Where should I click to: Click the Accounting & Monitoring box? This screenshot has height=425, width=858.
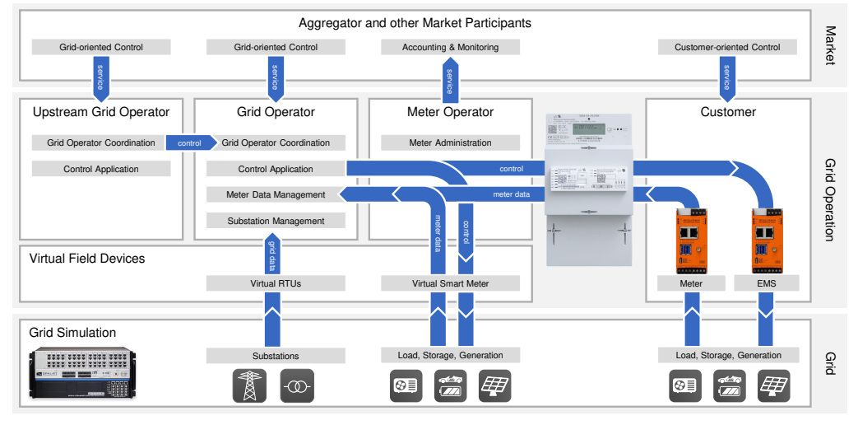pyautogui.click(x=450, y=47)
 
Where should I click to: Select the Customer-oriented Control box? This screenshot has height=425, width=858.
pyautogui.click(x=727, y=47)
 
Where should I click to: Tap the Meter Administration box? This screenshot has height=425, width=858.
pyautogui.click(x=450, y=142)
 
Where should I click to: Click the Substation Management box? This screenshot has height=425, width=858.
pyautogui.click(x=276, y=221)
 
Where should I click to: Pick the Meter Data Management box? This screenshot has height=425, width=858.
pyautogui.click(x=276, y=195)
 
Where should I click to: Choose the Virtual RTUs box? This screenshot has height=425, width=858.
pyautogui.click(x=276, y=283)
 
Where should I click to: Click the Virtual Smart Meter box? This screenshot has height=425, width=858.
pyautogui.click(x=450, y=283)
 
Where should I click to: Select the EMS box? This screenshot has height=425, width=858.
pyautogui.click(x=765, y=283)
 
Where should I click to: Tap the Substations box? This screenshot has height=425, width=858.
pyautogui.click(x=276, y=356)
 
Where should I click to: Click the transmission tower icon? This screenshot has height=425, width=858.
pyautogui.click(x=250, y=385)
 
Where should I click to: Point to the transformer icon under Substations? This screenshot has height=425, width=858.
pyautogui.click(x=297, y=385)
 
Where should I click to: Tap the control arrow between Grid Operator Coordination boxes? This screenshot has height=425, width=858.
pyautogui.click(x=190, y=143)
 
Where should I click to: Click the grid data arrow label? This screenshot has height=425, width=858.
pyautogui.click(x=271, y=255)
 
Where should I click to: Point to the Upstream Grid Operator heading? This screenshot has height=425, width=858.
pyautogui.click(x=101, y=112)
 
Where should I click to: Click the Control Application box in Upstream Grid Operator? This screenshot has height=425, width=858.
pyautogui.click(x=101, y=169)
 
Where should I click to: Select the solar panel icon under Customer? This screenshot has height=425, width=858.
pyautogui.click(x=773, y=385)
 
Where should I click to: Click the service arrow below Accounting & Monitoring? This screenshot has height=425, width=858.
pyautogui.click(x=449, y=79)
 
